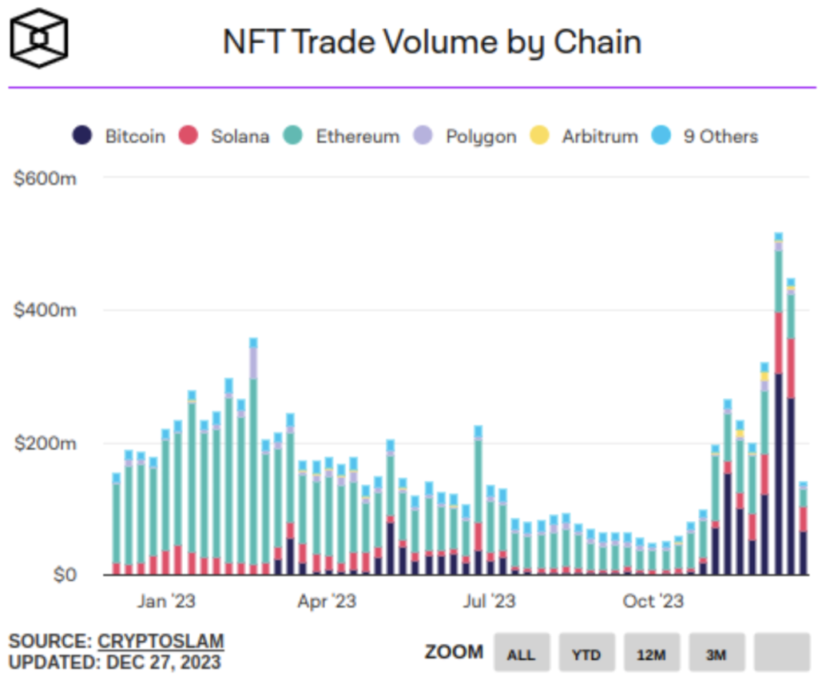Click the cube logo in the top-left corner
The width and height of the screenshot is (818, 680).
[x=38, y=39]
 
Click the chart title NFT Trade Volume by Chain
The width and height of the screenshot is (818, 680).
[x=431, y=42]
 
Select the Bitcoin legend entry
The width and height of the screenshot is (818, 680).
[x=120, y=136]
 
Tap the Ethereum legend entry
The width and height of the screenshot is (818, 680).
[x=343, y=136]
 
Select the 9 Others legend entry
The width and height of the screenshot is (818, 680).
[x=707, y=136]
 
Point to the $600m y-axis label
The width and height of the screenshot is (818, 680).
[x=45, y=178]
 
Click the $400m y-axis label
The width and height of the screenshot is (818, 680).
[x=45, y=310]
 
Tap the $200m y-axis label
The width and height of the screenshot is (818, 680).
[x=45, y=443]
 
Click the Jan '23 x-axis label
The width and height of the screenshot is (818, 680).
[x=165, y=601]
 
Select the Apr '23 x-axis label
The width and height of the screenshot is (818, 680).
[x=326, y=601]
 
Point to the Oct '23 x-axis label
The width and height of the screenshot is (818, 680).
[x=653, y=601]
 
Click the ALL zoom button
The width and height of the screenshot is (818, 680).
[x=522, y=654]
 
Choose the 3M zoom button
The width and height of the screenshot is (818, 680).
[x=717, y=654]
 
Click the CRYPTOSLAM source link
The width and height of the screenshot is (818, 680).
[x=161, y=642]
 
